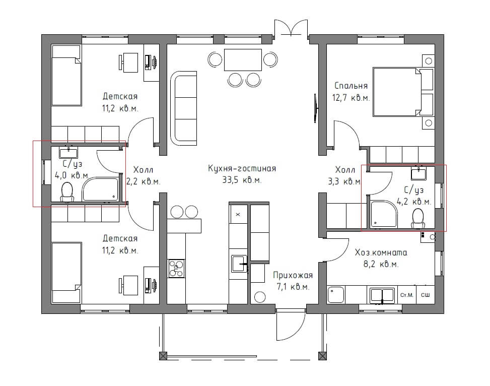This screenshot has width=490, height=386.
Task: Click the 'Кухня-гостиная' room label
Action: click(242, 169)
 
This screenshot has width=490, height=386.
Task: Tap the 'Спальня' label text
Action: click(351, 86)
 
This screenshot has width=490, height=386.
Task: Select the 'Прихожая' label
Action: click(293, 275)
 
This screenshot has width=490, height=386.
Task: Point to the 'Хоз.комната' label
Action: click(381, 252)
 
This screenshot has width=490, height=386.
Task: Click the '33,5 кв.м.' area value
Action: click(242, 180)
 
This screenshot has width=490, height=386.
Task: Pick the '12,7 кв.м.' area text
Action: click(351, 98)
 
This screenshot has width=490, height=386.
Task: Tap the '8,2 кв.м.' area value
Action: click(381, 265)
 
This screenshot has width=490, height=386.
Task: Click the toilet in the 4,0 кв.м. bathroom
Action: click(67, 192)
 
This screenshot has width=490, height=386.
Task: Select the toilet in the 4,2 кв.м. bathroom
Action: click(418, 218)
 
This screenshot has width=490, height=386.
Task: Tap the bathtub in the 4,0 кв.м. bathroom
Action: click(100, 189)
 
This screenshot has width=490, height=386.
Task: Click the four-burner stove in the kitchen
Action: click(177, 269)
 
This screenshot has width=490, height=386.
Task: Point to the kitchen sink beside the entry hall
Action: click(239, 264)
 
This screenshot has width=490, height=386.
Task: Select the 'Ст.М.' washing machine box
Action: click(406, 295)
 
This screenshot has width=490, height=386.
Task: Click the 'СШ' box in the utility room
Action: click(426, 295)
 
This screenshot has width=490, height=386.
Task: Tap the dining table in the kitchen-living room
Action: click(243, 60)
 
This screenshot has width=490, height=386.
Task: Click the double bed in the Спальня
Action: click(403, 92)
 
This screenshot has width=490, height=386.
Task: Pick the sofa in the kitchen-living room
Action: click(184, 108)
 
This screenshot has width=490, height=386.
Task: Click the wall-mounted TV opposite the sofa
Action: click(315, 108)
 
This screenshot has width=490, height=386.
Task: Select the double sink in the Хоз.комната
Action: click(382, 296)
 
